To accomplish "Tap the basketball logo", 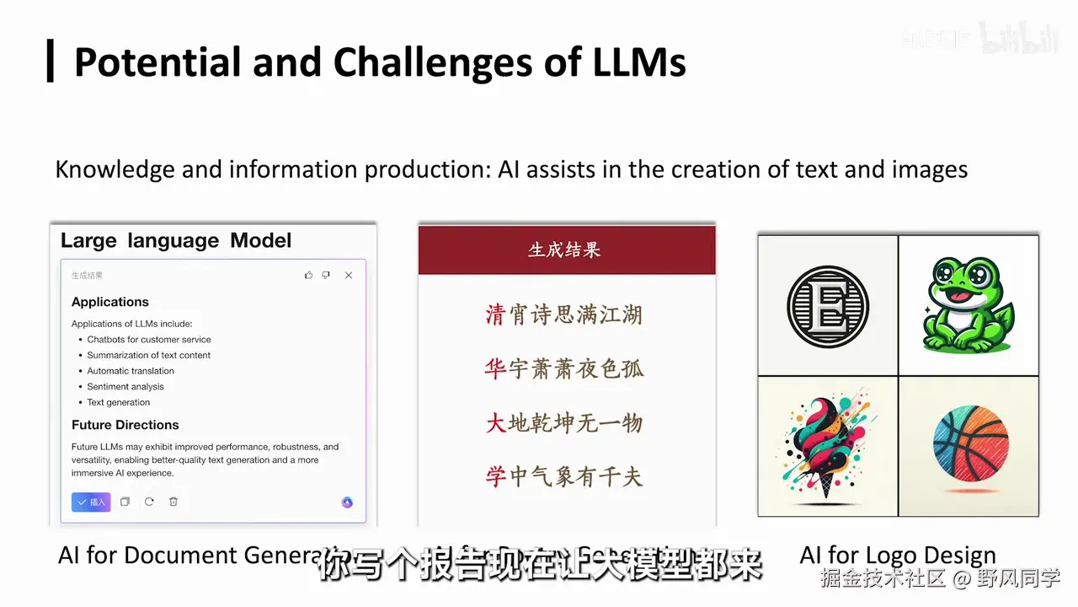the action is (970, 444).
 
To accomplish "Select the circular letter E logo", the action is (827, 306).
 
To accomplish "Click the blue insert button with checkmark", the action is (91, 502).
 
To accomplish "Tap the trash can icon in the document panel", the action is (173, 502).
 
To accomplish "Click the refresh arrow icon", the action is (149, 502).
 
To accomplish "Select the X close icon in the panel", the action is (349, 276).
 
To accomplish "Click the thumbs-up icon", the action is (308, 276).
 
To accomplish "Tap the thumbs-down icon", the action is (326, 276).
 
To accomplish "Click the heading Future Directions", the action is (125, 425).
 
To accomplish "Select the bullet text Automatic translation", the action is (131, 371).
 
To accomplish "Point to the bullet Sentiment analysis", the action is (125, 387).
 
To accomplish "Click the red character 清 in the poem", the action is (495, 315).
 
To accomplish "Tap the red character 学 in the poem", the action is (495, 477).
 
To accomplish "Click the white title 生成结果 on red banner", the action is (564, 250).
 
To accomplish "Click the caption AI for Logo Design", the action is (897, 556).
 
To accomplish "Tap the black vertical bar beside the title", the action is (51, 61).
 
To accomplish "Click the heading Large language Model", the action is (176, 240).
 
